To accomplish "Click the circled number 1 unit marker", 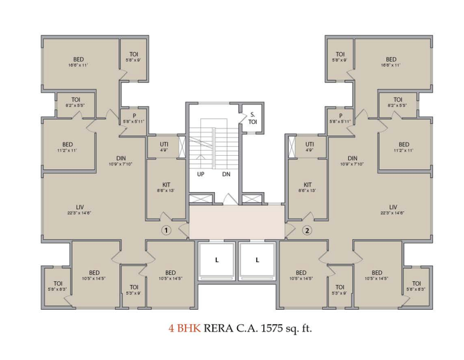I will click(x=166, y=230).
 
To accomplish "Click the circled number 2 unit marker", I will click(x=307, y=230).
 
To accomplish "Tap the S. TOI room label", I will click(x=252, y=118).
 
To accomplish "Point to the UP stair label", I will click(x=200, y=174).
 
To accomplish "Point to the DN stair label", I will click(x=226, y=174).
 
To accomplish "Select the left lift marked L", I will click(x=216, y=260).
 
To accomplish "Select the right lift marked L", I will click(x=257, y=260).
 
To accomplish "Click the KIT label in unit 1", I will click(x=166, y=184).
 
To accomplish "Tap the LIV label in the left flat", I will click(x=80, y=207).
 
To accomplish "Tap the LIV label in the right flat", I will click(x=393, y=207).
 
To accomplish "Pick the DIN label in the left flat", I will click(x=121, y=158).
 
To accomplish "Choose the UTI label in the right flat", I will click(x=310, y=144).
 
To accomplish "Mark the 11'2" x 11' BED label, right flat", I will click(x=404, y=144).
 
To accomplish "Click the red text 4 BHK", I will click(x=181, y=329).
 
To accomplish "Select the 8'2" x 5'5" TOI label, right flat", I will click(x=398, y=100).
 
